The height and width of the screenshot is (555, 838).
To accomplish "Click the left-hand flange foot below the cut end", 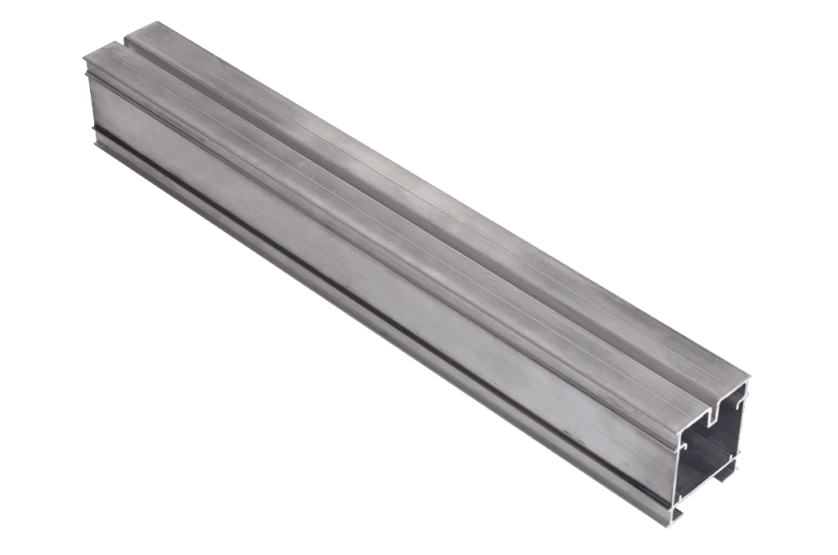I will point(676,514).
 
